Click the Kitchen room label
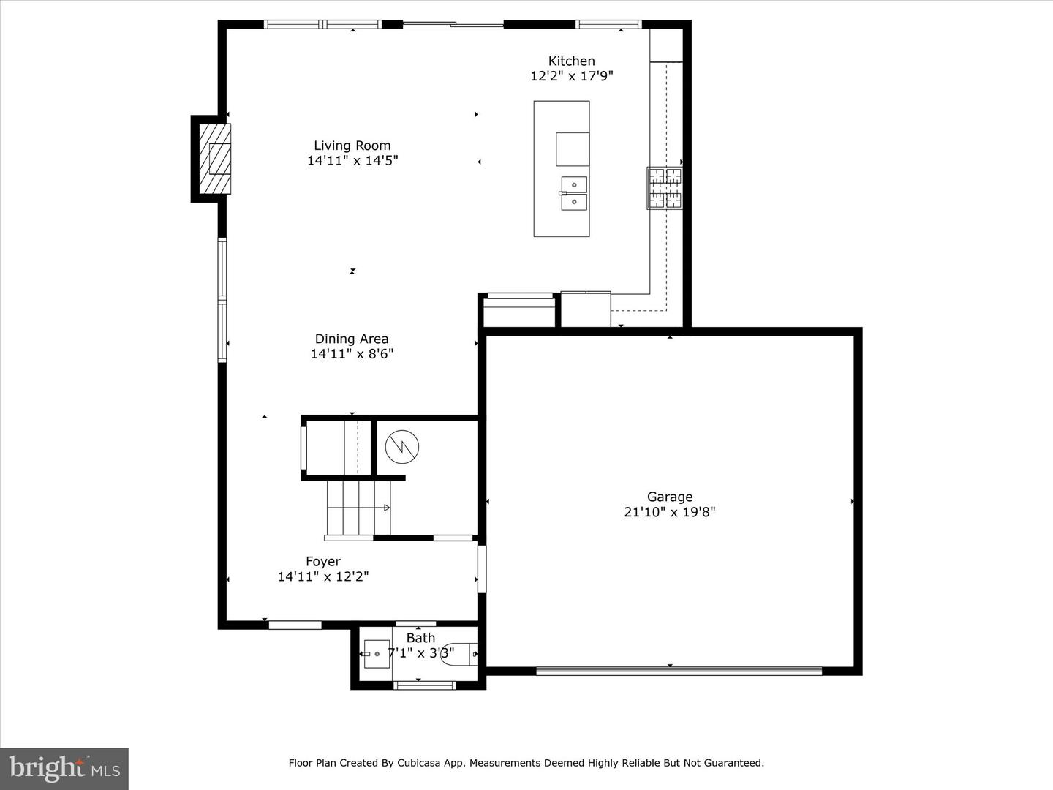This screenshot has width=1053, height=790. pyautogui.click(x=571, y=61)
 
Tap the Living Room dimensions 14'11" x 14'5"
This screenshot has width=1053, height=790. pyautogui.click(x=352, y=161)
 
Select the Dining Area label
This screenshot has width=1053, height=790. pyautogui.click(x=352, y=339)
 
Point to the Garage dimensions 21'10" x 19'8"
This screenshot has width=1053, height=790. pyautogui.click(x=669, y=512)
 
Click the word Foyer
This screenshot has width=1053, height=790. pyautogui.click(x=323, y=561)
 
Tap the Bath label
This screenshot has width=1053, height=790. pyautogui.click(x=420, y=638)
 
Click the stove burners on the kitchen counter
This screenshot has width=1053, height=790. pyautogui.click(x=665, y=188)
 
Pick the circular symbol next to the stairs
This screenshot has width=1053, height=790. pyautogui.click(x=402, y=446)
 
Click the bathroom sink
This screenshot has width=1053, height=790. pyautogui.click(x=377, y=653)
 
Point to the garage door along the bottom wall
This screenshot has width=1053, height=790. pyautogui.click(x=679, y=670)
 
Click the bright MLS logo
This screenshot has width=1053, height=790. pyautogui.click(x=64, y=768)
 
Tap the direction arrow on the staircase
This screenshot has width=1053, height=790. pyautogui.click(x=385, y=508)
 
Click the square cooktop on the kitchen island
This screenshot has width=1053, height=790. pyautogui.click(x=573, y=149)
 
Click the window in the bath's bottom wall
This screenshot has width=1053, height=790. pyautogui.click(x=425, y=685)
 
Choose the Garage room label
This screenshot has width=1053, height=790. pyautogui.click(x=669, y=497)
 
